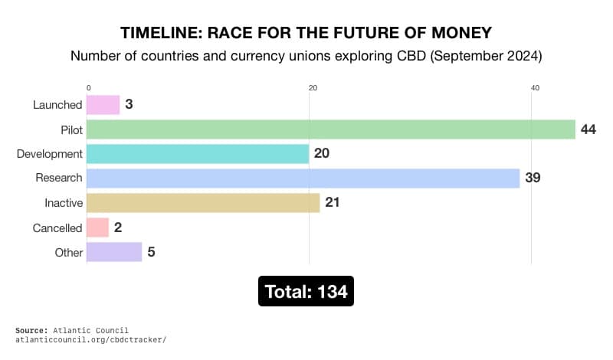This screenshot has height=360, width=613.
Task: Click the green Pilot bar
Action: pos(330,129)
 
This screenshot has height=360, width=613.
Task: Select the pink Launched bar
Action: pos(103,105)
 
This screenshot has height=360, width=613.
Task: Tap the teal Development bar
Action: pos(197,154)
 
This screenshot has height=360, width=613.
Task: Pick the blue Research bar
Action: pos(303,178)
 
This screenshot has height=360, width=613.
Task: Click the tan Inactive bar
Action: pos(202,203)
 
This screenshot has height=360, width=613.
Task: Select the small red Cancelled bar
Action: pos(97,227)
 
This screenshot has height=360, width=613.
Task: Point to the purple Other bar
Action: pos(114,252)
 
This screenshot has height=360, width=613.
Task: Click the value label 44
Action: pos(588,129)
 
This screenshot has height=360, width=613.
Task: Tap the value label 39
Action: pos(533,178)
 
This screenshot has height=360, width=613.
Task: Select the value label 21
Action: pos(332,203)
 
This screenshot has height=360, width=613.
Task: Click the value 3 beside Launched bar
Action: pos(129,105)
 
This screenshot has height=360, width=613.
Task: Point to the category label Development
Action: pos(50,154)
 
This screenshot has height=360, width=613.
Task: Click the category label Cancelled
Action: pos(57,228)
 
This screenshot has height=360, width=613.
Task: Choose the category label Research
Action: pos(59,178)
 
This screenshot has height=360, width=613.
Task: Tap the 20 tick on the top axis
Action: pos(313,88)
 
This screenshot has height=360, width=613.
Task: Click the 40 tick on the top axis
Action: pos(535,88)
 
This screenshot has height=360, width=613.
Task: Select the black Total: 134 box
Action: pos(306,292)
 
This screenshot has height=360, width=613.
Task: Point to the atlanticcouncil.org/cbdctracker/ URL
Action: pos(90,339)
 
